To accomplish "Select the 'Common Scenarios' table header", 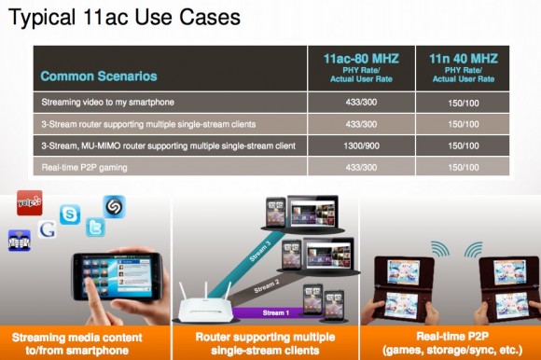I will coord(99,76).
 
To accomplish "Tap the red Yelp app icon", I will coord(30,203).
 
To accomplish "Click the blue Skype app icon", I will coord(70,215).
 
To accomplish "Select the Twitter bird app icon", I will coord(95,227).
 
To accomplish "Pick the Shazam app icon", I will coord(114,206).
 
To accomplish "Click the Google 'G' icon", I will coord(47,228).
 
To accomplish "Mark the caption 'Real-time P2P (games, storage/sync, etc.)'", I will coord(450,341).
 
